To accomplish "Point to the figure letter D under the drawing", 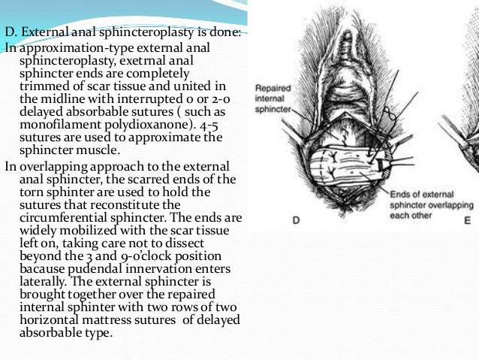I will point(296,220).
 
